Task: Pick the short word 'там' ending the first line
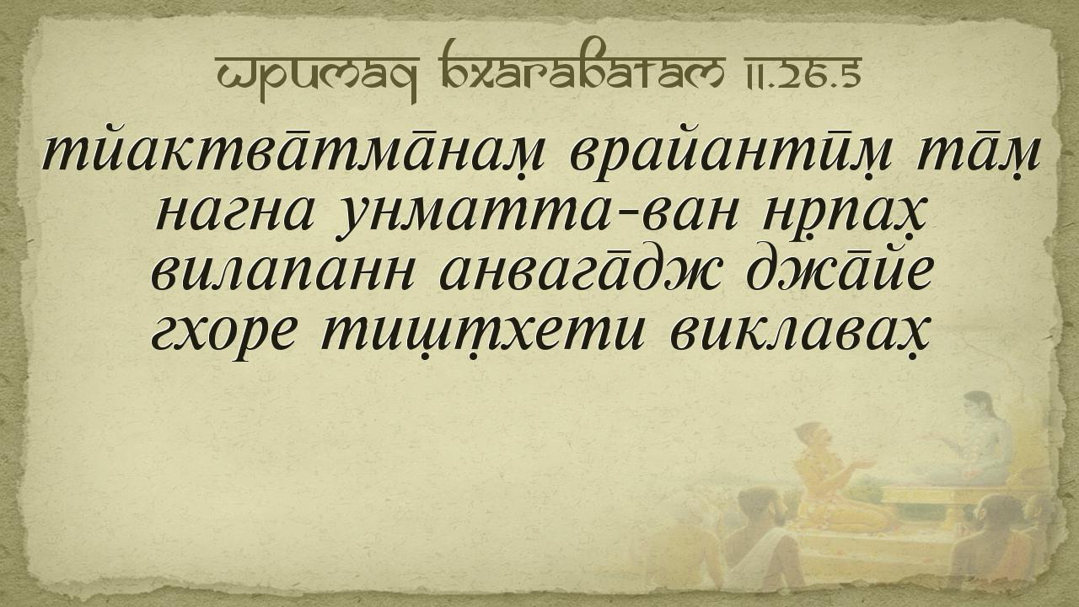point(976,155)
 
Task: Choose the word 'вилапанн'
point(282,271)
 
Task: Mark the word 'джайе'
point(839,270)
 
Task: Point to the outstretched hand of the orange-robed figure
point(865,465)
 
